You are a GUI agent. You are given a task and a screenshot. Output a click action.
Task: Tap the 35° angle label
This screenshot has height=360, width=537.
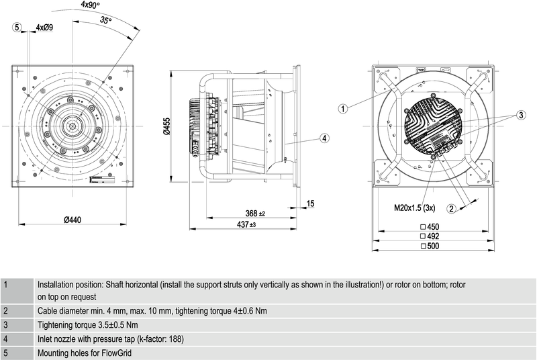pos(106,21)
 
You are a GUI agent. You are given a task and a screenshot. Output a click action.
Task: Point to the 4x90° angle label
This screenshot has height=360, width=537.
pos(91,5)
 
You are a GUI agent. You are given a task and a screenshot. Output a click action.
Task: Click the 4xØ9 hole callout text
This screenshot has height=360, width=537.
pos(44,27)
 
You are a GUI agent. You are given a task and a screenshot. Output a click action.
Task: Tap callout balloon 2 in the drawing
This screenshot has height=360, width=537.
pos(452,208)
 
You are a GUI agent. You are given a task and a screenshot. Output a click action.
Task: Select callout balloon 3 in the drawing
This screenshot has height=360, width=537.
pos(520,116)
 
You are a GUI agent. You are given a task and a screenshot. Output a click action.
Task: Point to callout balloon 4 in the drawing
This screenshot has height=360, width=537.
pos(324,138)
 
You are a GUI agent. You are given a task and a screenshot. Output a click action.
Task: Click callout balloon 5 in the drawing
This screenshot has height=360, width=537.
pos(17,27)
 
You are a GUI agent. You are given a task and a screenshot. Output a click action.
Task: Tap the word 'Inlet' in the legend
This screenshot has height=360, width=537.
pos(46,339)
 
